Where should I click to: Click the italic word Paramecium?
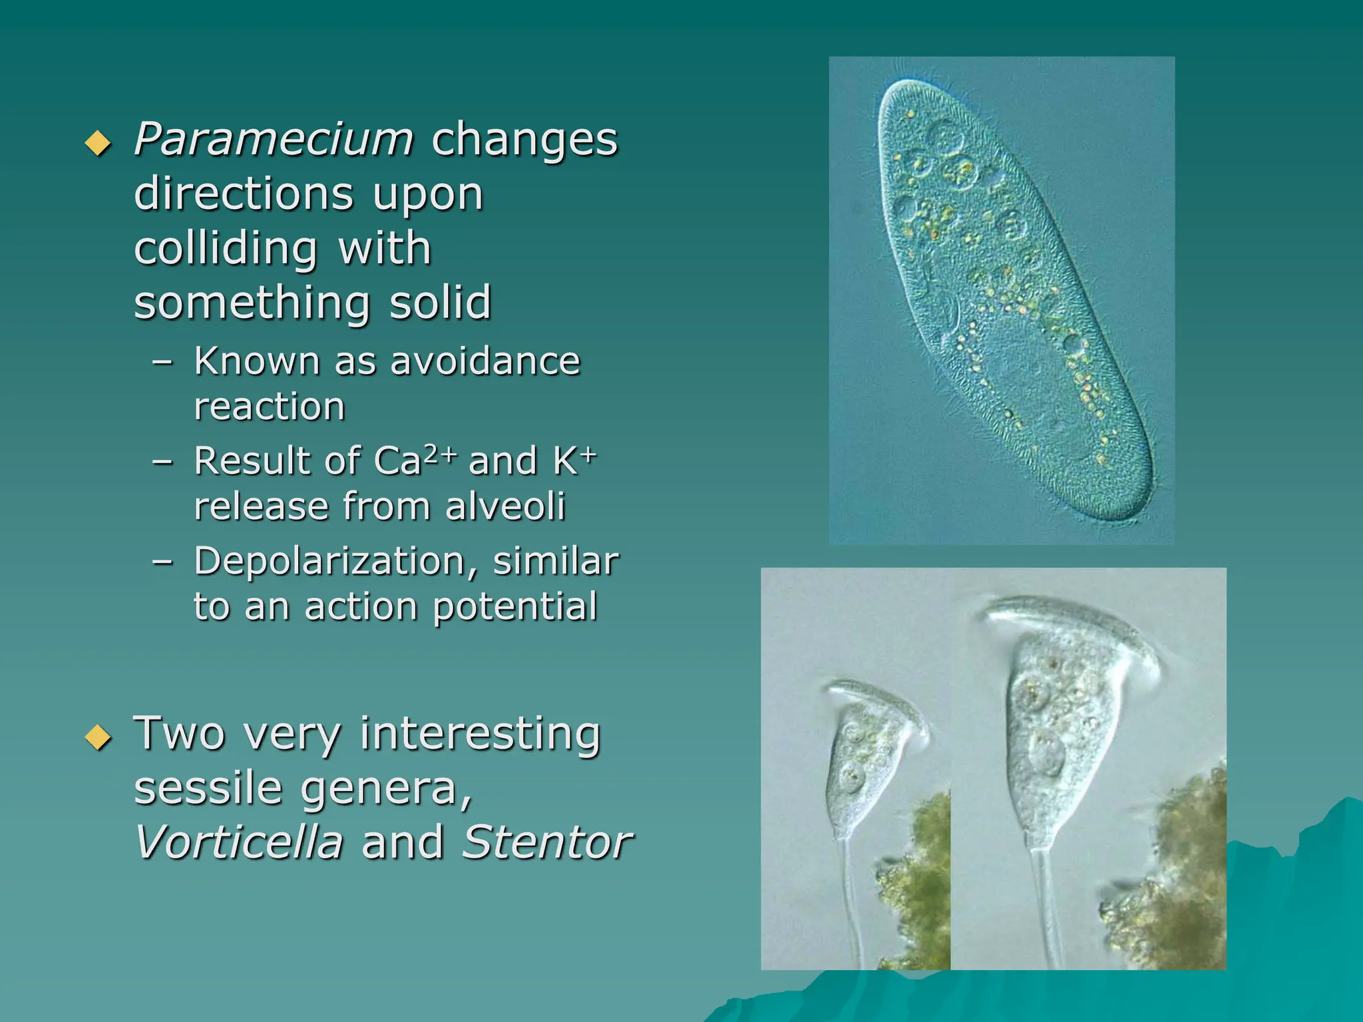point(274,140)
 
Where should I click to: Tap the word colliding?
point(226,248)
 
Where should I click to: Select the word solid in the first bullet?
point(440,303)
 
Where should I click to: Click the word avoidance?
point(485,361)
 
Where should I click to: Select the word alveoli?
point(505,506)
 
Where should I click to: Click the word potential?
point(515,607)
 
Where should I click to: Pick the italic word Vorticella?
point(239,842)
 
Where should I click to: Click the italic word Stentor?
point(546,842)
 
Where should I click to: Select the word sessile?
point(208,788)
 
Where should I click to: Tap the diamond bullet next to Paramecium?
point(98,143)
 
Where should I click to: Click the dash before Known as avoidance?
point(163,363)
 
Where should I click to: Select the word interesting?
point(480,734)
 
